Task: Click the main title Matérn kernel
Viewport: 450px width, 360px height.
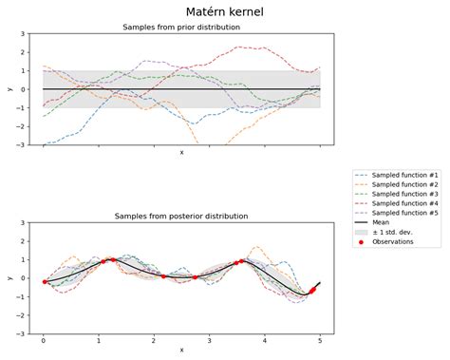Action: coord(225,11)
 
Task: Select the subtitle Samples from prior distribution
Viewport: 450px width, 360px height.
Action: coord(181,28)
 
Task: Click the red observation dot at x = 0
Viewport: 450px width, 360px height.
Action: coord(45,281)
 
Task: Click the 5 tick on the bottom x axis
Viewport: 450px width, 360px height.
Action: coord(320,340)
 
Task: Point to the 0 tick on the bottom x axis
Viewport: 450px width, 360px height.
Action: coord(44,340)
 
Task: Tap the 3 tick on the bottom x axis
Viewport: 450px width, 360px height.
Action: coord(209,340)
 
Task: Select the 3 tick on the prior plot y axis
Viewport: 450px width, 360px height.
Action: coord(23,34)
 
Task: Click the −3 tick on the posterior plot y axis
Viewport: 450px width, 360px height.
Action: coord(21,333)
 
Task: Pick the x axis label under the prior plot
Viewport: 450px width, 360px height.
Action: coord(181,153)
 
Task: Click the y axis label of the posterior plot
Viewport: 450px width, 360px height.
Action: coord(9,278)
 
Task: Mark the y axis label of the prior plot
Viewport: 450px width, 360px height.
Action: coord(9,89)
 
